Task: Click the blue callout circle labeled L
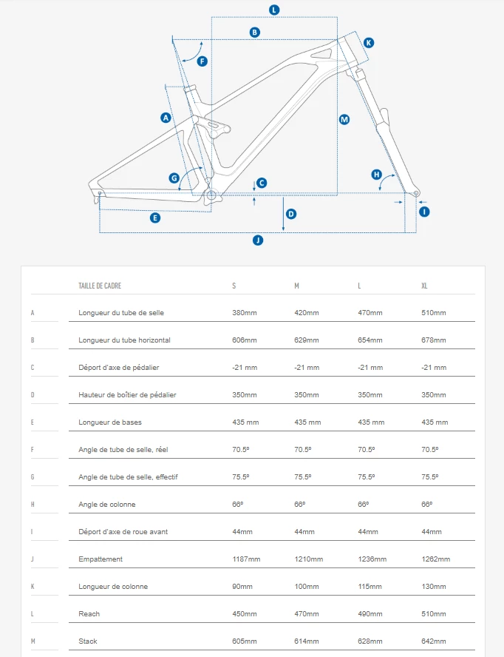click(x=274, y=10)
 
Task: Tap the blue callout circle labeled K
click(x=369, y=43)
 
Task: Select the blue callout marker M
click(x=344, y=119)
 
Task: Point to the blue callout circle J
click(x=258, y=240)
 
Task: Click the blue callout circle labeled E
click(x=155, y=218)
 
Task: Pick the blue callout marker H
click(x=376, y=175)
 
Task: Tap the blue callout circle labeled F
click(x=202, y=61)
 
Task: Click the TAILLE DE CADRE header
click(x=100, y=286)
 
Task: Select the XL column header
click(x=426, y=286)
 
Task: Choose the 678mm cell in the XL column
click(x=434, y=340)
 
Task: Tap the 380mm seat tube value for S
click(x=245, y=313)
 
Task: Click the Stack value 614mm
click(x=307, y=641)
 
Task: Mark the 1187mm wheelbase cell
click(x=246, y=559)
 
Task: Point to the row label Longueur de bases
click(x=111, y=422)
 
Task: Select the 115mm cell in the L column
click(x=370, y=587)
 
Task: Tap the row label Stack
click(x=88, y=641)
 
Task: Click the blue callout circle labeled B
click(x=254, y=32)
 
